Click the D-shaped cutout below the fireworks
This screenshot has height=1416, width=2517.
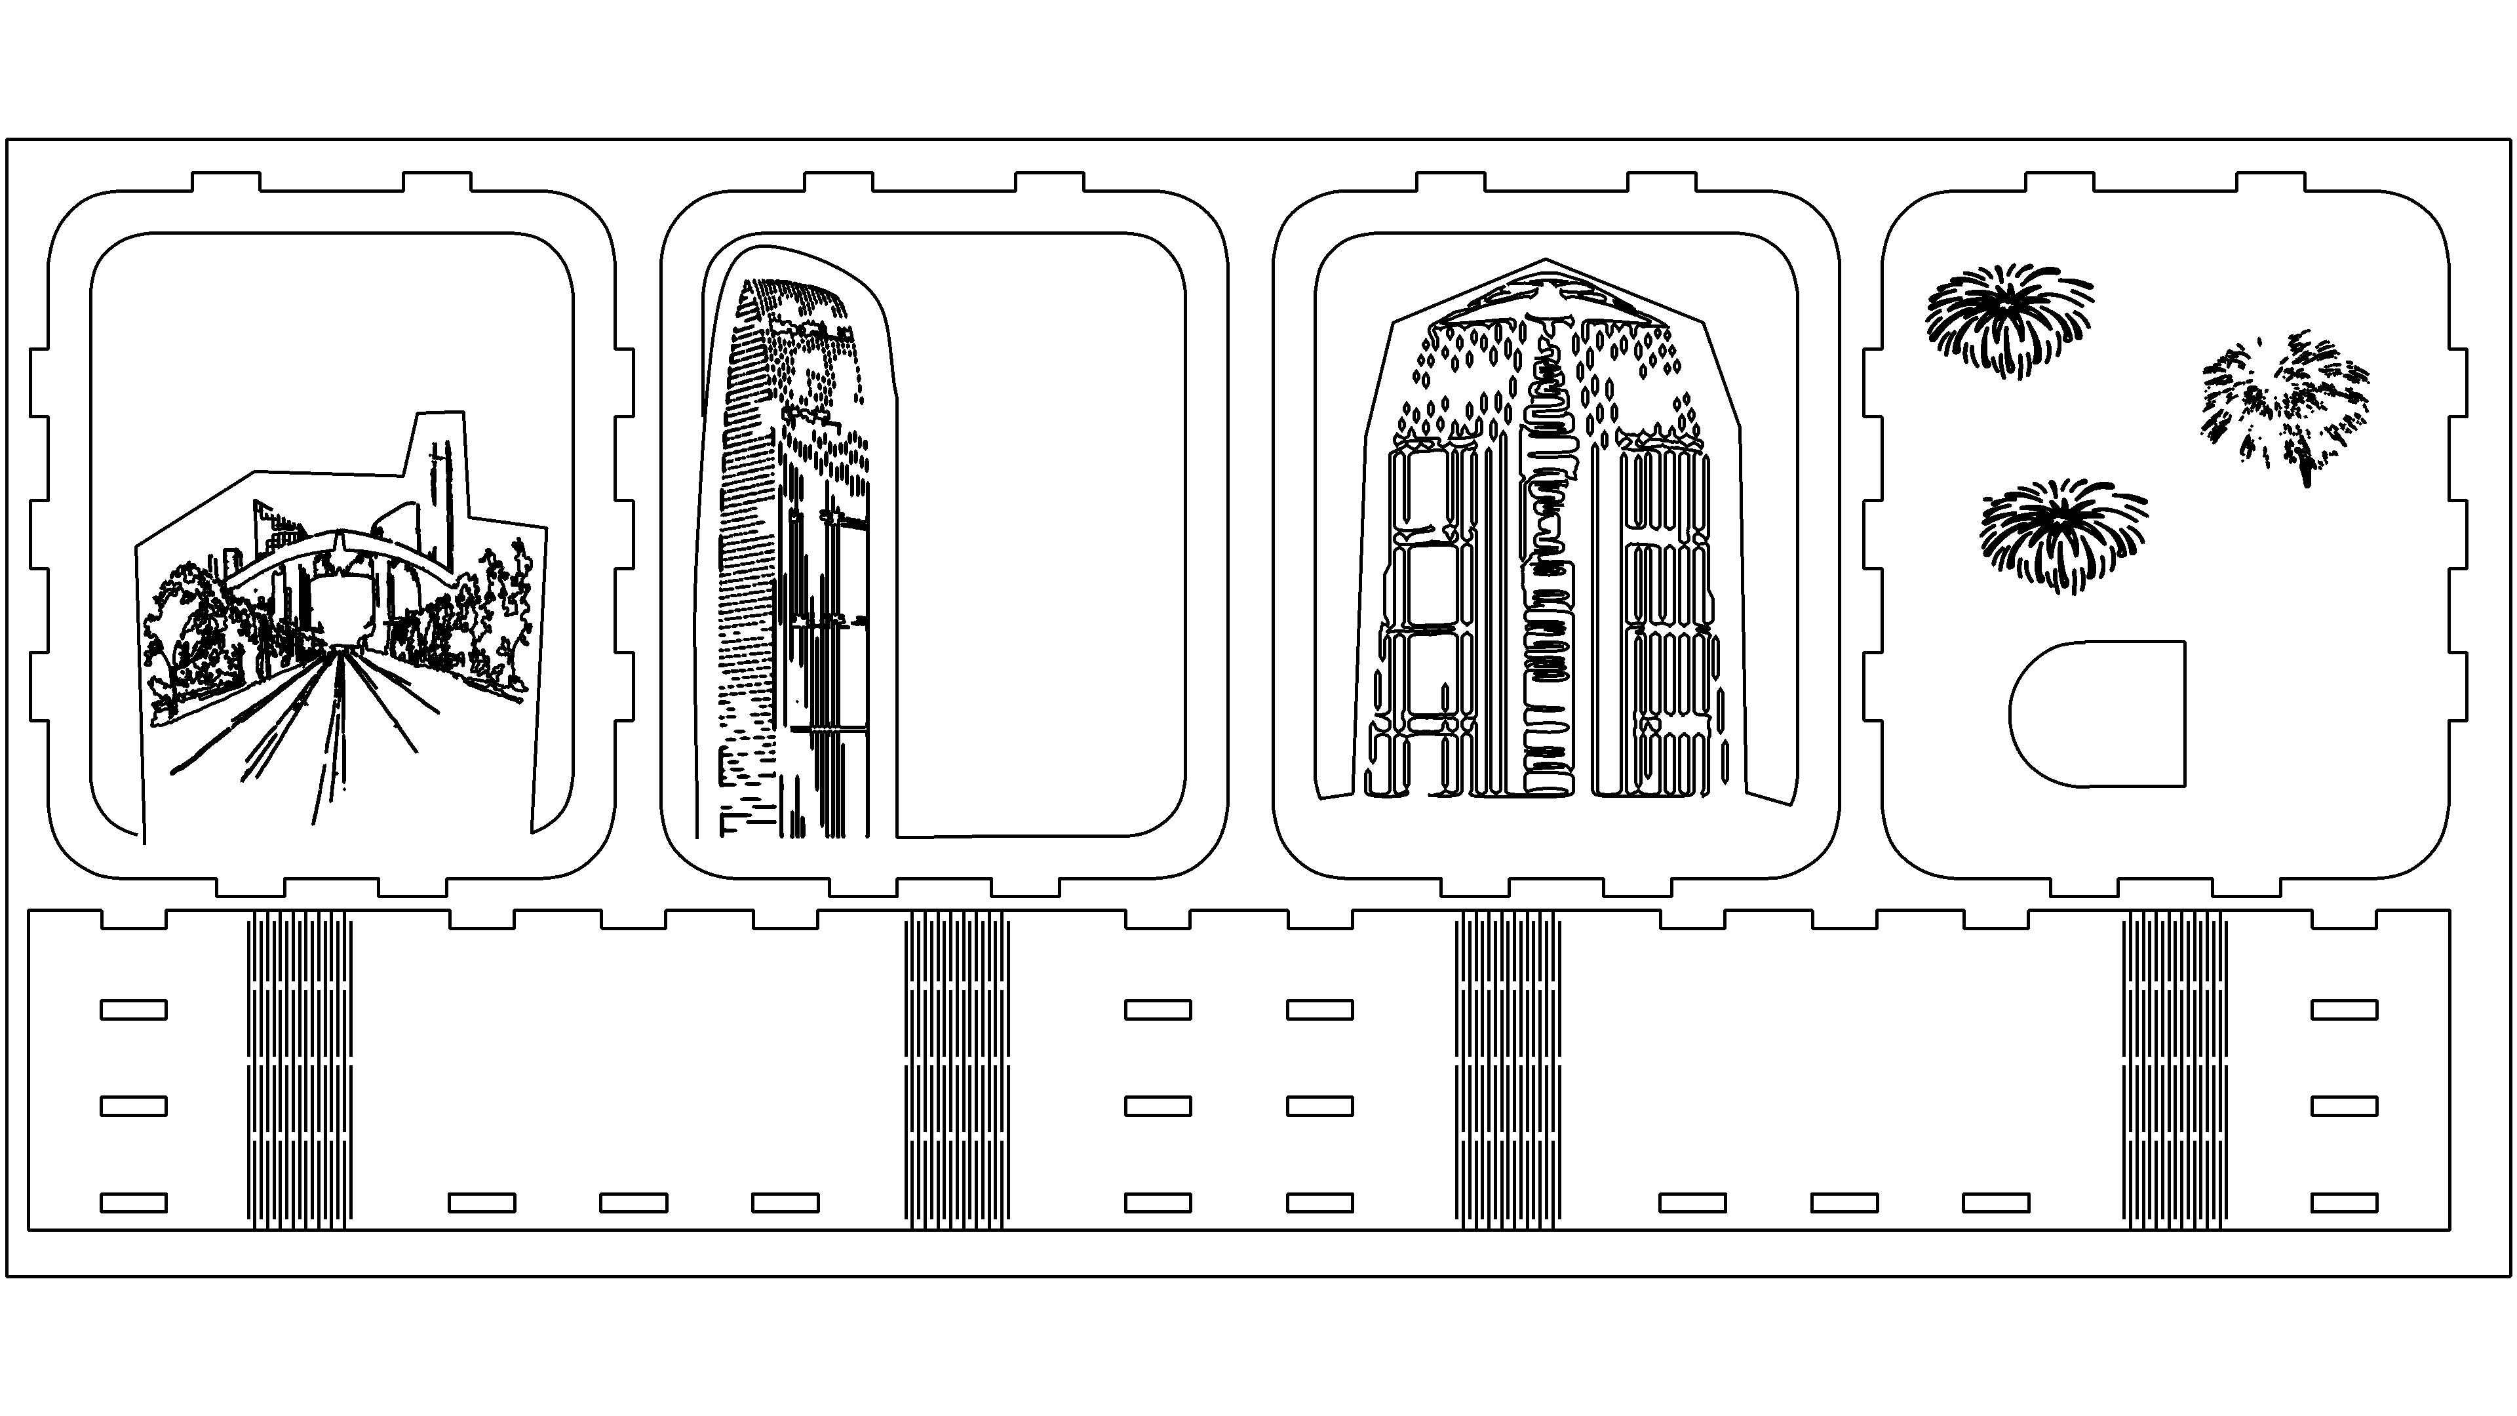pos(2097,713)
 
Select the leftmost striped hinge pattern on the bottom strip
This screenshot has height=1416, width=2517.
pos(298,1070)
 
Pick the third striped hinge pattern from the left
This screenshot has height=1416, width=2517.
pos(1507,1070)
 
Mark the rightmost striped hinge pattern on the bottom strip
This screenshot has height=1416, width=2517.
pos(2176,1070)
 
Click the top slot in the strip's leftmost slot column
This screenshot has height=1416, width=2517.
pos(134,1010)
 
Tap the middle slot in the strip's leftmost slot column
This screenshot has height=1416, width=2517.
pos(134,1106)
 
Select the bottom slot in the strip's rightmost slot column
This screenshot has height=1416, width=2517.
pos(2343,1202)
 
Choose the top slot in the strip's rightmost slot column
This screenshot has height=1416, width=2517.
pos(2343,1010)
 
